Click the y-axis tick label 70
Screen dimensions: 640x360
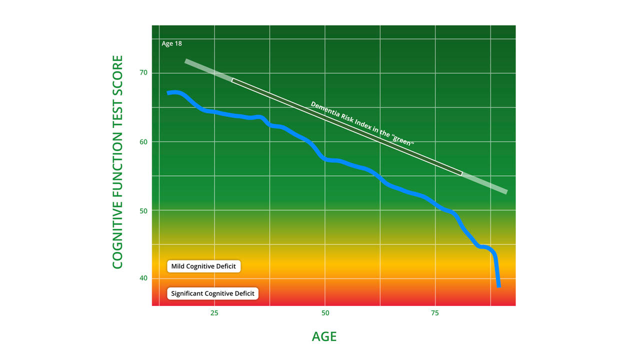[x=143, y=72]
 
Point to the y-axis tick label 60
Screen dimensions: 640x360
[x=143, y=142]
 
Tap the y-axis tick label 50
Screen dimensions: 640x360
[x=143, y=211]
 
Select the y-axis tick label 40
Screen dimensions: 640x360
[x=143, y=278]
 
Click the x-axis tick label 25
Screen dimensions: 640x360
[x=214, y=313]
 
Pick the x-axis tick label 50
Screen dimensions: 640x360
[x=325, y=313]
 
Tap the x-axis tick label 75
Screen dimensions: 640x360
[x=435, y=313]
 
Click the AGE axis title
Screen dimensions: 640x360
[x=324, y=336]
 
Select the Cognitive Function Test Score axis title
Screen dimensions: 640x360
[x=117, y=162]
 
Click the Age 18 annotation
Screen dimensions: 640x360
[x=171, y=43]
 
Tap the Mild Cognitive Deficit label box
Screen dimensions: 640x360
[x=203, y=266]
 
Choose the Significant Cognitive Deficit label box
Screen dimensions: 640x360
[x=212, y=293]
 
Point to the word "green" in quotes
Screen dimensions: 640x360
[x=403, y=140]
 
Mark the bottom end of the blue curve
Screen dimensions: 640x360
[x=499, y=286]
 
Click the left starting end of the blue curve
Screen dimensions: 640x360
[x=168, y=93]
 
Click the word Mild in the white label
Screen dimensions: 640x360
[x=177, y=266]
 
